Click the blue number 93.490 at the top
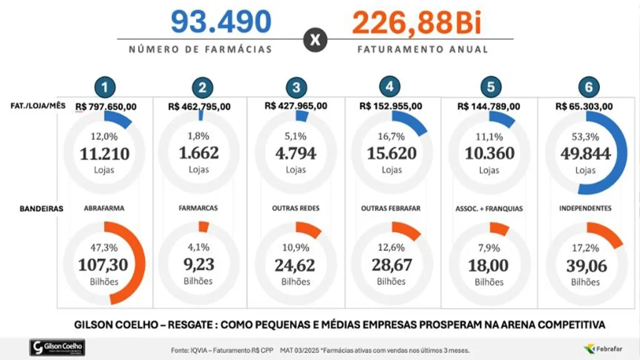pyautogui.click(x=221, y=22)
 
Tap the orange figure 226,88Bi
pyautogui.click(x=417, y=22)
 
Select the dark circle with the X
pyautogui.click(x=315, y=40)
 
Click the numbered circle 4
pyautogui.click(x=389, y=86)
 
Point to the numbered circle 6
pyautogui.click(x=589, y=87)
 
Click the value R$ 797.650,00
pyautogui.click(x=106, y=107)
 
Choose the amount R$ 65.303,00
pyautogui.click(x=584, y=106)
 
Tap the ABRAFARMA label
pyautogui.click(x=104, y=208)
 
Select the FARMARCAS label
pyautogui.click(x=198, y=207)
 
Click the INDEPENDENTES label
pyautogui.click(x=585, y=208)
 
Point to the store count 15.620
pyautogui.click(x=391, y=154)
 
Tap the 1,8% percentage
pyautogui.click(x=198, y=136)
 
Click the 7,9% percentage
pyautogui.click(x=489, y=247)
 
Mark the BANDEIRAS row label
pyautogui.click(x=41, y=209)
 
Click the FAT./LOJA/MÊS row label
pyautogui.click(x=38, y=106)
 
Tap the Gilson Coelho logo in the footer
pyautogui.click(x=57, y=347)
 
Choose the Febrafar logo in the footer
pyautogui.click(x=603, y=349)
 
